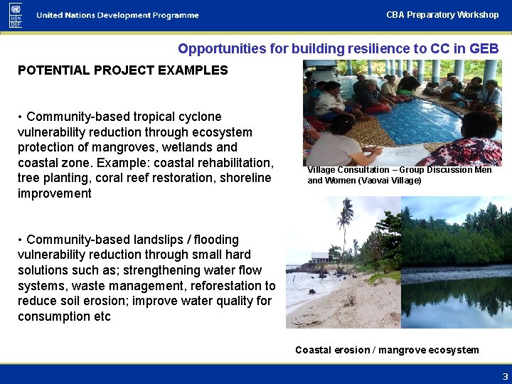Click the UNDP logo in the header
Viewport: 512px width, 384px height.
pyautogui.click(x=15, y=15)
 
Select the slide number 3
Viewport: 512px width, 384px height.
pyautogui.click(x=505, y=377)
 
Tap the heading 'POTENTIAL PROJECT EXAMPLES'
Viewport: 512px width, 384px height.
pyautogui.click(x=122, y=70)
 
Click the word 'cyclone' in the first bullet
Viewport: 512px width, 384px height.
pyautogui.click(x=201, y=117)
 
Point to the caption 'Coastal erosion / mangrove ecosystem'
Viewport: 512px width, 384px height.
pyautogui.click(x=387, y=350)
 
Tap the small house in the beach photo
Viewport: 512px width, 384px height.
pyautogui.click(x=320, y=257)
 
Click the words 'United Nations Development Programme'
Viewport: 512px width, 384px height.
pyautogui.click(x=118, y=16)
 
